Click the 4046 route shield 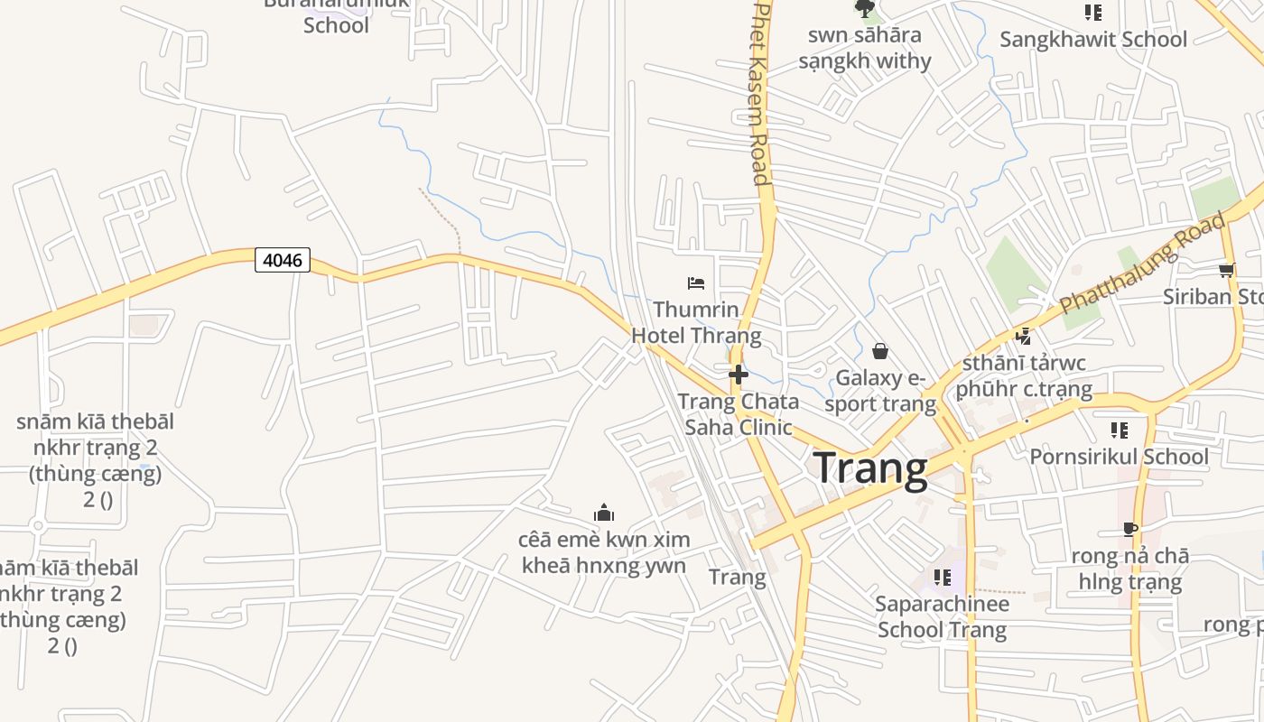coord(283,261)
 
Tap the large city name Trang coord(870,469)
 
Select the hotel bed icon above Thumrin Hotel coord(696,283)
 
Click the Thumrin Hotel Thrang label coord(696,323)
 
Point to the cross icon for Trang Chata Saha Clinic coord(739,374)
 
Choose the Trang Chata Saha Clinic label coord(739,414)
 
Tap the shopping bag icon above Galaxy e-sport coord(880,351)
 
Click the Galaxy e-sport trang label coord(880,390)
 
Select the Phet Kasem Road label coord(760,93)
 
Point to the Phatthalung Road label coord(1144,263)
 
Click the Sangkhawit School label coord(1093,40)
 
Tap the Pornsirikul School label coord(1119,457)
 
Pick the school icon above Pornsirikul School coord(1120,430)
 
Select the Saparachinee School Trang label coord(942,616)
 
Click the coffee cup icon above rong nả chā coord(1130,529)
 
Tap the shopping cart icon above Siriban coord(1227,270)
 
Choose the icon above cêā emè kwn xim coord(604,514)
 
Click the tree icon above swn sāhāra coord(865,9)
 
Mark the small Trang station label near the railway coord(737,577)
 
